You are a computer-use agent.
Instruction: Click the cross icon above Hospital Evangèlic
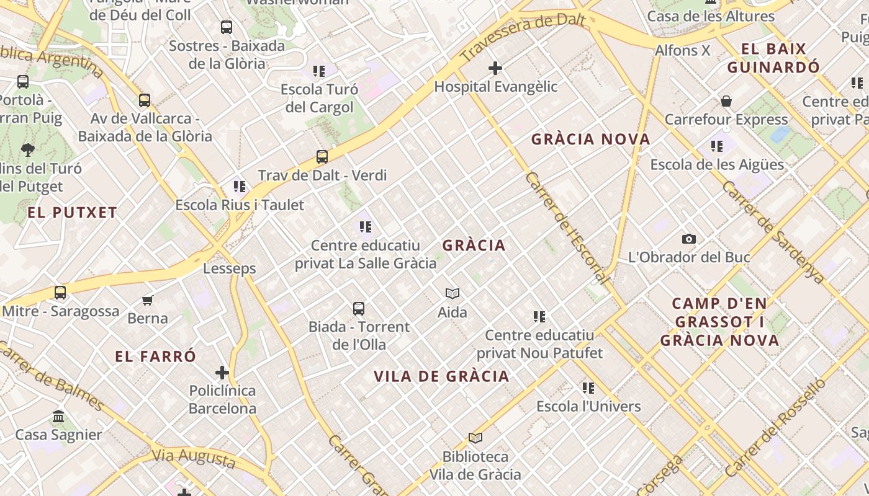[x=495, y=68]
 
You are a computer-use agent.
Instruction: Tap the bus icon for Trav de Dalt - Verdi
[x=322, y=157]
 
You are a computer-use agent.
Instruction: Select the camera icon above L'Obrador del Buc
[x=688, y=239]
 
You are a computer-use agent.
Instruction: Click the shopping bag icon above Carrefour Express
[x=726, y=101]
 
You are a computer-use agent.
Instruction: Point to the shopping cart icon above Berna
[x=147, y=300]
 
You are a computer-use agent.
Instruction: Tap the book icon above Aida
[x=453, y=293]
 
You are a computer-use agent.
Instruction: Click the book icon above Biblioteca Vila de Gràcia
[x=475, y=438]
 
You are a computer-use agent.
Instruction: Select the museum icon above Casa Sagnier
[x=58, y=416]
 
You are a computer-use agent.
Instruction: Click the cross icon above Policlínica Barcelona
[x=222, y=373]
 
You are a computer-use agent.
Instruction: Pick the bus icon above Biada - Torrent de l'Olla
[x=359, y=308]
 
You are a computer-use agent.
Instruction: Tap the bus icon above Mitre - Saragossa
[x=60, y=292]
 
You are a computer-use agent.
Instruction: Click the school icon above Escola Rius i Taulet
[x=240, y=186]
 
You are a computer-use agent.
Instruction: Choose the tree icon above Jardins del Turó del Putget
[x=27, y=149]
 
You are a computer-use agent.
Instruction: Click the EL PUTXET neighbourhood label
[x=72, y=213]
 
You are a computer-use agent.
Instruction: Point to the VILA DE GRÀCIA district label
[x=441, y=376]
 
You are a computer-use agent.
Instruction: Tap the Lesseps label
[x=230, y=268]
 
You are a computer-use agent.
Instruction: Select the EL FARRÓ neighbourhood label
[x=155, y=356]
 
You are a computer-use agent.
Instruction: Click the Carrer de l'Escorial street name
[x=566, y=228]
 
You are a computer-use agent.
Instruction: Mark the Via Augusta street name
[x=194, y=458]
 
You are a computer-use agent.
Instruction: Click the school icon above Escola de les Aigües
[x=717, y=146]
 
